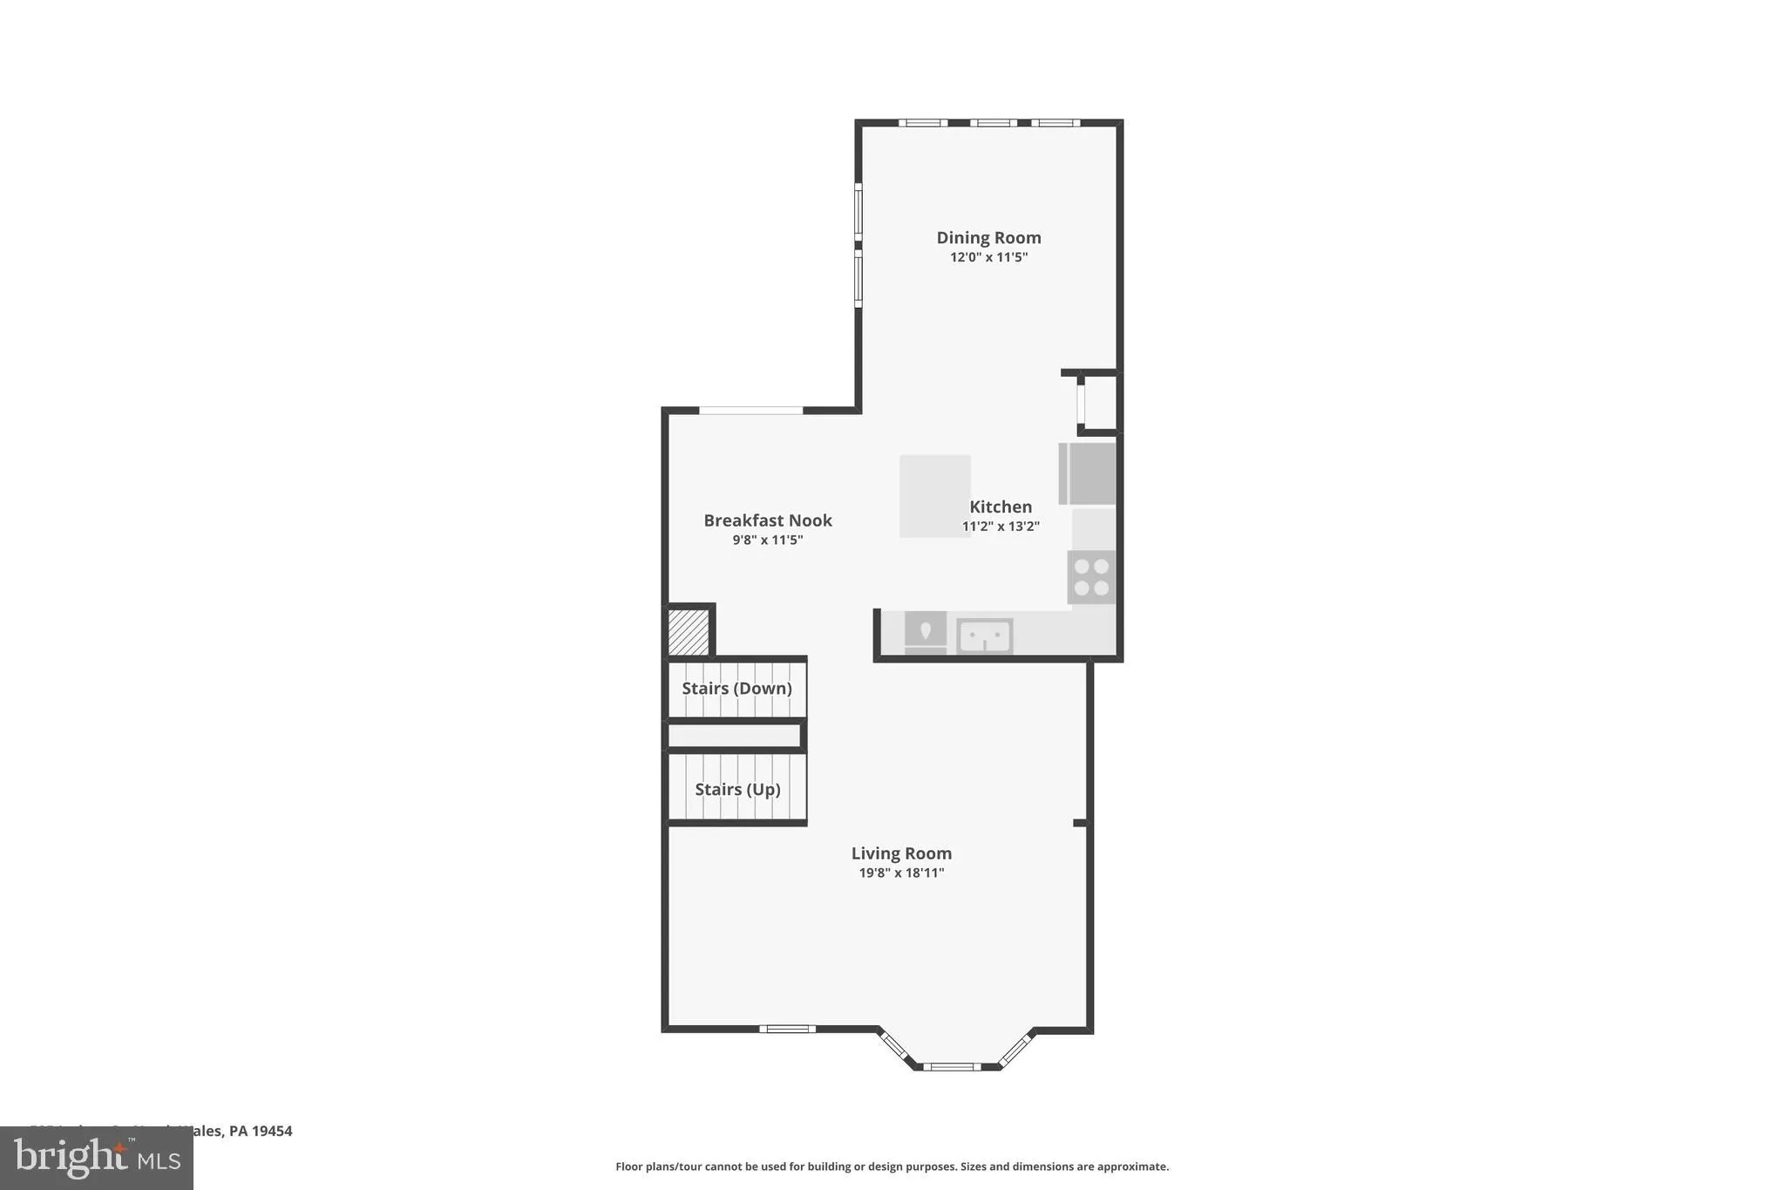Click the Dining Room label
point(988,237)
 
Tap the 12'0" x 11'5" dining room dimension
point(988,257)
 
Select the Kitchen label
point(1001,507)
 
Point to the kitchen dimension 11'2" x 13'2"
point(1001,527)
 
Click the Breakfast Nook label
point(768,520)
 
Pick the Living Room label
point(901,853)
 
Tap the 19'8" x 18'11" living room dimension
point(901,873)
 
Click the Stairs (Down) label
point(736,689)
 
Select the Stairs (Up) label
point(737,790)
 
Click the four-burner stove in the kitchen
point(1091,577)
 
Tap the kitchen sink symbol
point(984,636)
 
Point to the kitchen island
point(934,495)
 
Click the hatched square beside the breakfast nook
point(689,632)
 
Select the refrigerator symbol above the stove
point(1088,473)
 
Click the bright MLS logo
point(97,1158)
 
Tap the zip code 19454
point(273,1131)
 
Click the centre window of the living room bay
point(952,1065)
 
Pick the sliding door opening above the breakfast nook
point(750,410)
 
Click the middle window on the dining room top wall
point(993,123)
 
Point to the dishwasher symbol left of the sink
point(925,632)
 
